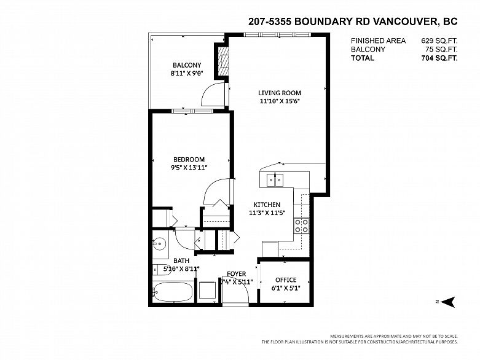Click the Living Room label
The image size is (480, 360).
[280, 93]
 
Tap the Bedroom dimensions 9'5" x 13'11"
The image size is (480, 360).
[189, 168]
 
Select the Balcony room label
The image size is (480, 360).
[187, 65]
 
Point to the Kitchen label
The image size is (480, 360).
[267, 205]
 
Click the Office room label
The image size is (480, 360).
[286, 280]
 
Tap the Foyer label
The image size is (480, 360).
[237, 274]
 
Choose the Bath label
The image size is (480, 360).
[181, 261]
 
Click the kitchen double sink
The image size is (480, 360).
[275, 179]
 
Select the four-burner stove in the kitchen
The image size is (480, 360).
[302, 225]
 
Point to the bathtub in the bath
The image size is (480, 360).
[173, 292]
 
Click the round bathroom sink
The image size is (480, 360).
[159, 244]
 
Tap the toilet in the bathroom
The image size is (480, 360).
[162, 270]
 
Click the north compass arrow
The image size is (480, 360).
[449, 302]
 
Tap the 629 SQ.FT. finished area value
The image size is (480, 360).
[439, 41]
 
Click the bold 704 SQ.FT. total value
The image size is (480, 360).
[439, 58]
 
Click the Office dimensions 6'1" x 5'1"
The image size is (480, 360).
[286, 288]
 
